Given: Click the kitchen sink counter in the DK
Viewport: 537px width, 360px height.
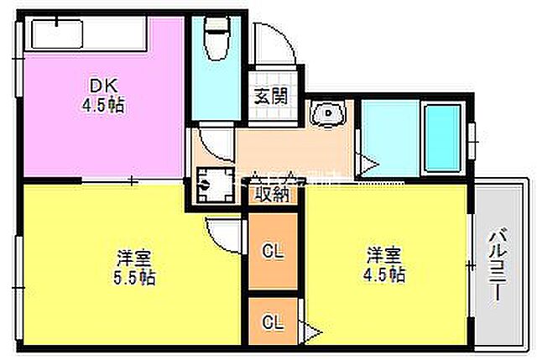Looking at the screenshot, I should coord(84,36).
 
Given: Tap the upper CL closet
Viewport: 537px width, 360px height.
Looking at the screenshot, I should coord(272,250).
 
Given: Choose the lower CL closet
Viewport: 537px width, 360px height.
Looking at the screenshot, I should coord(272,322).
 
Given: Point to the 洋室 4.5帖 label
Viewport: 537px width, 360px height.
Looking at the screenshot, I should coord(385,263).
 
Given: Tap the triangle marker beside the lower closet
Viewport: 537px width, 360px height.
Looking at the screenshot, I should coord(312,332).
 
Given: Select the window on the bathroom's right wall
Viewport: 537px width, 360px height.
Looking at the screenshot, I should coord(472,134).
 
